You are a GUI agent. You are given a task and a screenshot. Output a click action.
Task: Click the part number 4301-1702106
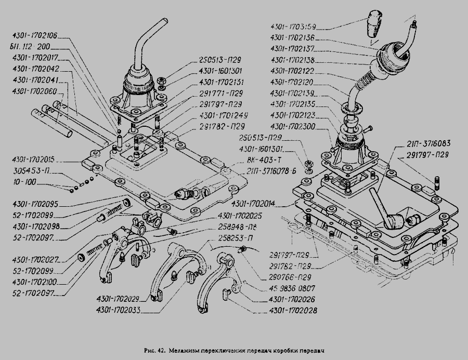click(34, 36)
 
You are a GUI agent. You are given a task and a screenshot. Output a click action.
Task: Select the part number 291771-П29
click(221, 94)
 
